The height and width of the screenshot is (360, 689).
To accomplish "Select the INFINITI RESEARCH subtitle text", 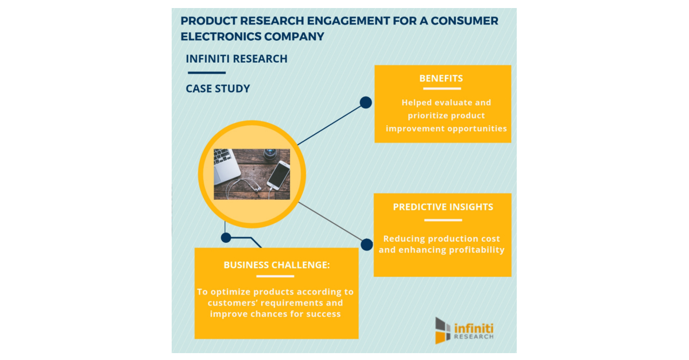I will (237, 59).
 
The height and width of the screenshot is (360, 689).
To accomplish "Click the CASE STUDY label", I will (218, 89).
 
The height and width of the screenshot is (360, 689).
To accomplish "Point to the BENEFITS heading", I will (441, 79).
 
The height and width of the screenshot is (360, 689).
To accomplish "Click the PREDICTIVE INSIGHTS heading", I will (443, 207).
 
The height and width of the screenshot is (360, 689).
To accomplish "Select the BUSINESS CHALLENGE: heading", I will (277, 265).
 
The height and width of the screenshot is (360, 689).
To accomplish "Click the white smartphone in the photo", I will (278, 175).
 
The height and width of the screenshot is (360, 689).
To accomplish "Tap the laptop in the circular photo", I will (226, 163).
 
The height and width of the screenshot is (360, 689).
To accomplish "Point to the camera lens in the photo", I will (270, 154).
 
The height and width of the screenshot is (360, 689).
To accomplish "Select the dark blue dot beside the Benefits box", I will (366, 103).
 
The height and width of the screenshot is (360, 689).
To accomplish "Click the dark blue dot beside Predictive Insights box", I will (367, 245).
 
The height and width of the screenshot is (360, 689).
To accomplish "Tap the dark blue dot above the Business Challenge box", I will (226, 237).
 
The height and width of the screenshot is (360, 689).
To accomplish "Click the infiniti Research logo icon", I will (443, 330).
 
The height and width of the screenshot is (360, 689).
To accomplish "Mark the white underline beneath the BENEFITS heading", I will (441, 89).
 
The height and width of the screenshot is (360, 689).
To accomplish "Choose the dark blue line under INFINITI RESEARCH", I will (206, 73).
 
